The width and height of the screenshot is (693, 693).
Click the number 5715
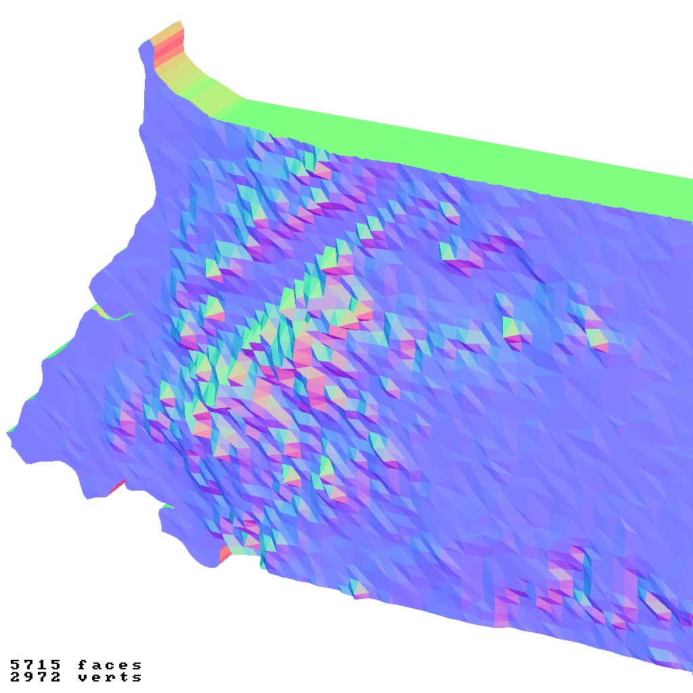tap(35, 665)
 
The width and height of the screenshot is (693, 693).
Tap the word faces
tap(110, 665)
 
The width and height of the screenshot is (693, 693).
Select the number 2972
tap(35, 677)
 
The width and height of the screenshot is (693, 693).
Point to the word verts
tap(110, 677)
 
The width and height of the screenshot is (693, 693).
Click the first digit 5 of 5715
tap(15, 665)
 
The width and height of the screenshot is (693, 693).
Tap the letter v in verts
tap(82, 677)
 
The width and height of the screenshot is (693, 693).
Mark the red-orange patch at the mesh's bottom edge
tap(226, 554)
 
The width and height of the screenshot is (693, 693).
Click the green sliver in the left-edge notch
tap(112, 315)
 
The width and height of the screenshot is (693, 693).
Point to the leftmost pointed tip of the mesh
tap(9, 433)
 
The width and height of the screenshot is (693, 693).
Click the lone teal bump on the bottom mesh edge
tap(357, 587)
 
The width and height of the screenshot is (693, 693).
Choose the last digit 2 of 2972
tap(56, 677)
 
